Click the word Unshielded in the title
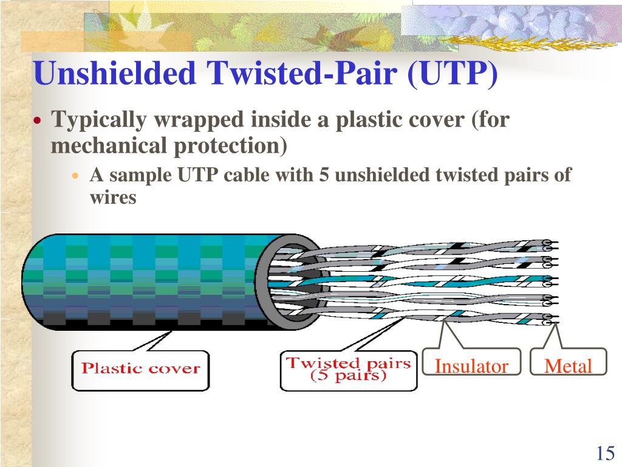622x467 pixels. pyautogui.click(x=115, y=73)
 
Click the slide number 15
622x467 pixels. pyautogui.click(x=605, y=454)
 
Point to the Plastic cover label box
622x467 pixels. pyautogui.click(x=140, y=368)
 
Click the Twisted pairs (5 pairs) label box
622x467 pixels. pyautogui.click(x=348, y=370)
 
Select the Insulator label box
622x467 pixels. pyautogui.click(x=471, y=366)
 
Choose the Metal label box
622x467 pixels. pyautogui.click(x=568, y=366)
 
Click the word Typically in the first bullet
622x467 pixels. pyautogui.click(x=99, y=120)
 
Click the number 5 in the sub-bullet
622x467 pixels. pyautogui.click(x=323, y=175)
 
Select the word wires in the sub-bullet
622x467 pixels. pyautogui.click(x=113, y=198)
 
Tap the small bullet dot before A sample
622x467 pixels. pyautogui.click(x=76, y=176)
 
